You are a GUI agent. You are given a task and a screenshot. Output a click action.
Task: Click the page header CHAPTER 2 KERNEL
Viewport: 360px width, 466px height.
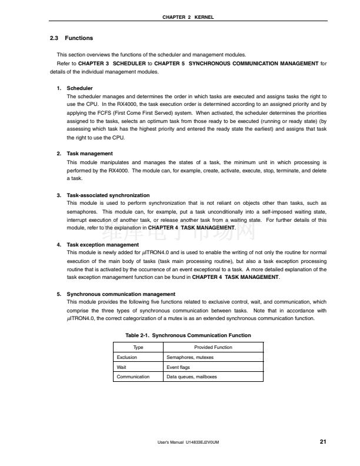[187, 17]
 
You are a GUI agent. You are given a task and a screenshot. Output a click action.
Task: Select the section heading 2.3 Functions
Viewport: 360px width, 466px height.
[71, 38]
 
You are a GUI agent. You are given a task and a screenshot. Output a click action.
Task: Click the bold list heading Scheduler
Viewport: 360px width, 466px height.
[80, 88]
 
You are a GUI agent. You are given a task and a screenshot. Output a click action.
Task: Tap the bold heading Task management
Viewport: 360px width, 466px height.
[89, 154]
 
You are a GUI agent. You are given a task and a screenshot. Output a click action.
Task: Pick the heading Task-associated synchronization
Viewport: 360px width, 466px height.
[108, 195]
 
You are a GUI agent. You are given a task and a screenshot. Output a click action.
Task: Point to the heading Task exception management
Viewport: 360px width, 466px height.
[103, 244]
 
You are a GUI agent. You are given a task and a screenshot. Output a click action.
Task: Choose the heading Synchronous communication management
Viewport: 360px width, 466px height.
[121, 294]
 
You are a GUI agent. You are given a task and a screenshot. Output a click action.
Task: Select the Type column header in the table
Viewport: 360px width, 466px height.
[138, 347]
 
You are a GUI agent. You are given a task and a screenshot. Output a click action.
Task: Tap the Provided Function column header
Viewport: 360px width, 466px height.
[213, 347]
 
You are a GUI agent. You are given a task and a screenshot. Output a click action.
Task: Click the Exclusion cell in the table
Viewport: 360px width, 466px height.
[127, 357]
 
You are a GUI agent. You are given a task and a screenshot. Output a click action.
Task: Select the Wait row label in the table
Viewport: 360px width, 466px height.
[122, 367]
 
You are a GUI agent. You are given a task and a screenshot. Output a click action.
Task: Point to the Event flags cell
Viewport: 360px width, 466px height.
[178, 367]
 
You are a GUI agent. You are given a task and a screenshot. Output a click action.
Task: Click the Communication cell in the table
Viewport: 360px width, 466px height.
[133, 377]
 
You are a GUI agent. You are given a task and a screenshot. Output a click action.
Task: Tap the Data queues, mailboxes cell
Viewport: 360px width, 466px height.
[192, 377]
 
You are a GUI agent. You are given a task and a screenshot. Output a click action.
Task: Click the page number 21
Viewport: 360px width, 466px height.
[323, 441]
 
